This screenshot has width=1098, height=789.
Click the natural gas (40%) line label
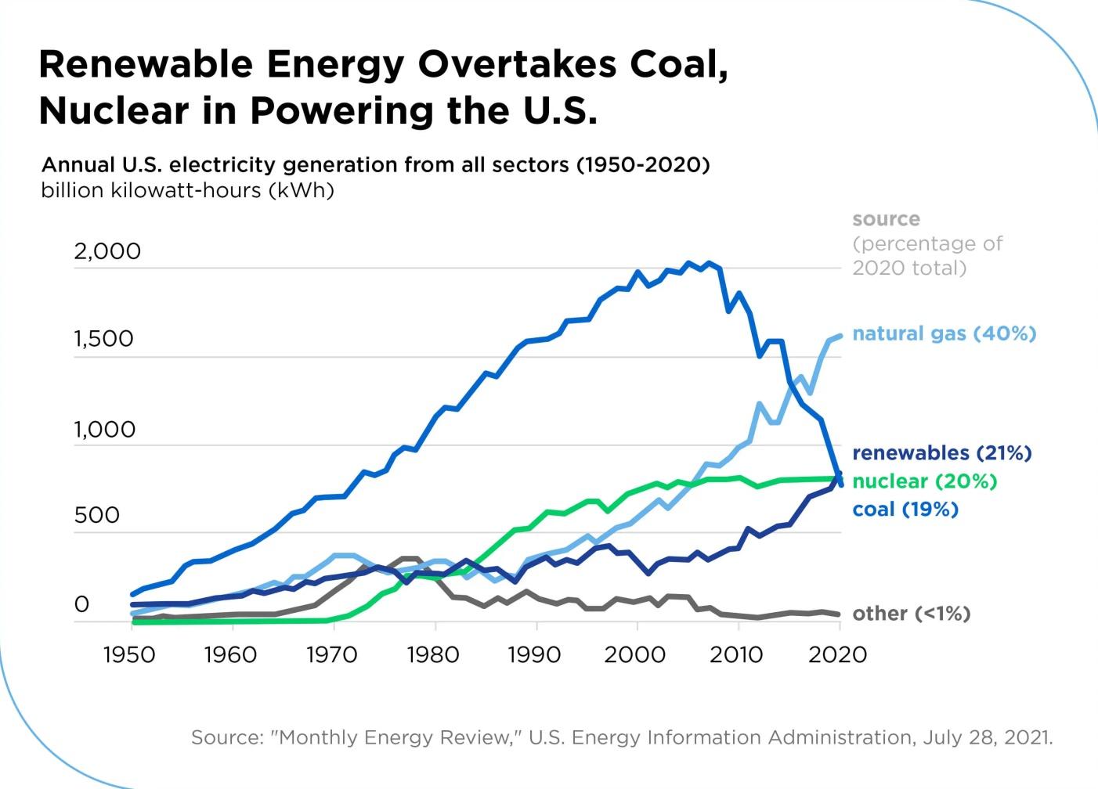[944, 333]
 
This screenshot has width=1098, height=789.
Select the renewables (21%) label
[941, 452]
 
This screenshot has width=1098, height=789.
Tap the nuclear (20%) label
[924, 481]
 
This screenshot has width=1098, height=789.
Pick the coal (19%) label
[905, 510]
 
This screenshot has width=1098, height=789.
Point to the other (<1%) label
[911, 614]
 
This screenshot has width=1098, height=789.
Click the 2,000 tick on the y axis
[107, 251]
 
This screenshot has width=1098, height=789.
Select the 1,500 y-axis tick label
[104, 339]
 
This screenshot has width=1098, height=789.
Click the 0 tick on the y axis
[81, 604]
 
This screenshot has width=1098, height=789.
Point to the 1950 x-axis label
[129, 654]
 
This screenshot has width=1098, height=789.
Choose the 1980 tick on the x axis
[433, 654]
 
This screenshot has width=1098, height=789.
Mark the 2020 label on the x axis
[838, 654]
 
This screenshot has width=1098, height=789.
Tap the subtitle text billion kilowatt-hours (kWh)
[187, 190]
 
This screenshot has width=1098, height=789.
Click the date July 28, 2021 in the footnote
[987, 737]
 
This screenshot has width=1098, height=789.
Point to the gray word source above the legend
[886, 219]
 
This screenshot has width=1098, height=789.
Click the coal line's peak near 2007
[709, 263]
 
